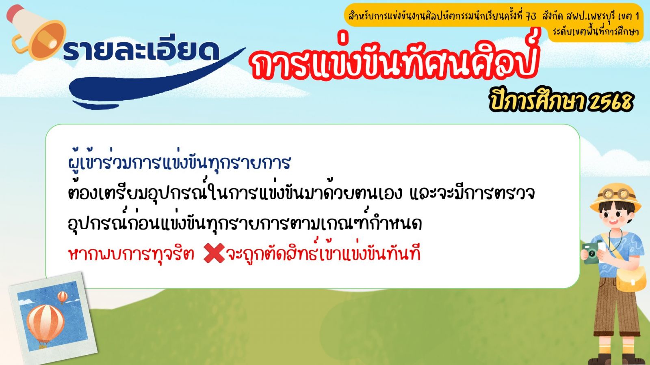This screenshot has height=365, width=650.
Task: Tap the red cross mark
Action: coord(214,253)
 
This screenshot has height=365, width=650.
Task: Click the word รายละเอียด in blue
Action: coord(141,51)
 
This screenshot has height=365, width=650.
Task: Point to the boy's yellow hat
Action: coord(615,197)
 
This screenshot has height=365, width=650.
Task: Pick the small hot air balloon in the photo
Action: coord(63,297)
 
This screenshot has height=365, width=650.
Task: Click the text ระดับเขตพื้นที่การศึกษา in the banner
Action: coord(596,31)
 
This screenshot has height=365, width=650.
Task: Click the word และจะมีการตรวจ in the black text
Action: coord(472,193)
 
